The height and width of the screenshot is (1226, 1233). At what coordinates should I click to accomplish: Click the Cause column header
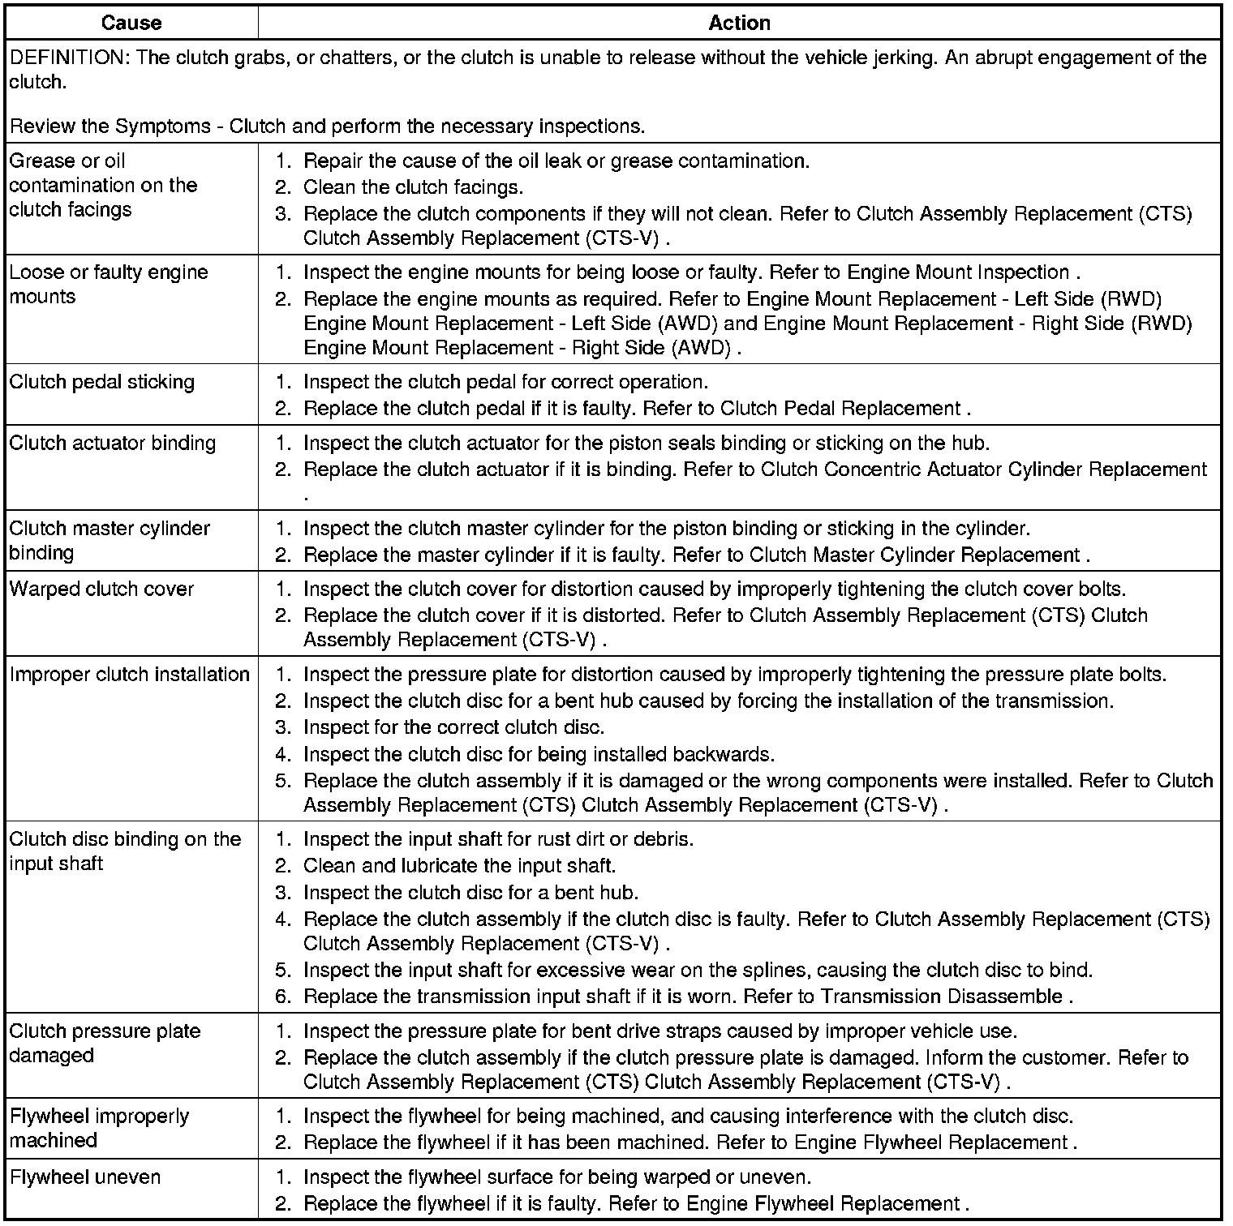pyautogui.click(x=131, y=23)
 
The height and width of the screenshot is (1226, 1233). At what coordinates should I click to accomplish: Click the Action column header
pyautogui.click(x=739, y=23)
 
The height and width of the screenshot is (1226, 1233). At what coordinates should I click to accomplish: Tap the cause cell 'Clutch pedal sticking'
pyautogui.click(x=102, y=382)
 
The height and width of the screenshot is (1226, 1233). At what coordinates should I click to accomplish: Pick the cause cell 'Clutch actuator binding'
pyautogui.click(x=113, y=443)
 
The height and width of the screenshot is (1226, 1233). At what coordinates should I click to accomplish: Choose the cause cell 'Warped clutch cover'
pyautogui.click(x=102, y=589)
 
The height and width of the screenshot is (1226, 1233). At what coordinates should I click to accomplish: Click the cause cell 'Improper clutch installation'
pyautogui.click(x=130, y=674)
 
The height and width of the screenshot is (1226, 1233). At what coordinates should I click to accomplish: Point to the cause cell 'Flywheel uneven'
pyautogui.click(x=85, y=1177)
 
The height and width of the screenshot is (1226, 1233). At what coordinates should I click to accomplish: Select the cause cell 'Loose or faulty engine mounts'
pyautogui.click(x=109, y=284)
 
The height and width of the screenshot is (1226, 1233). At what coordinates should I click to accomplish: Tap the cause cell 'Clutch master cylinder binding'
pyautogui.click(x=110, y=540)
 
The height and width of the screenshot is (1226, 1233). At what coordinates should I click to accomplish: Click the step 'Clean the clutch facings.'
pyautogui.click(x=413, y=187)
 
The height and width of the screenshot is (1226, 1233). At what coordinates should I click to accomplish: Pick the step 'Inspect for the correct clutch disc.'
pyautogui.click(x=453, y=727)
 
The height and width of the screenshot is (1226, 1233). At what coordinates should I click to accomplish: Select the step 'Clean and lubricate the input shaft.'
pyautogui.click(x=459, y=865)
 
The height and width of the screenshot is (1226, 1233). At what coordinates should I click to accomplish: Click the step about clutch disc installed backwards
pyautogui.click(x=539, y=754)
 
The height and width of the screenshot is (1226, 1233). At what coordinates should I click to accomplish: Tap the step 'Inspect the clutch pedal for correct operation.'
pyautogui.click(x=505, y=382)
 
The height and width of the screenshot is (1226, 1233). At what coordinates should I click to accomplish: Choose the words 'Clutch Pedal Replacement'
pyautogui.click(x=840, y=409)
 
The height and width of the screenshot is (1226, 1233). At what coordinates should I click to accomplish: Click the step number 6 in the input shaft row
pyautogui.click(x=281, y=996)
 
